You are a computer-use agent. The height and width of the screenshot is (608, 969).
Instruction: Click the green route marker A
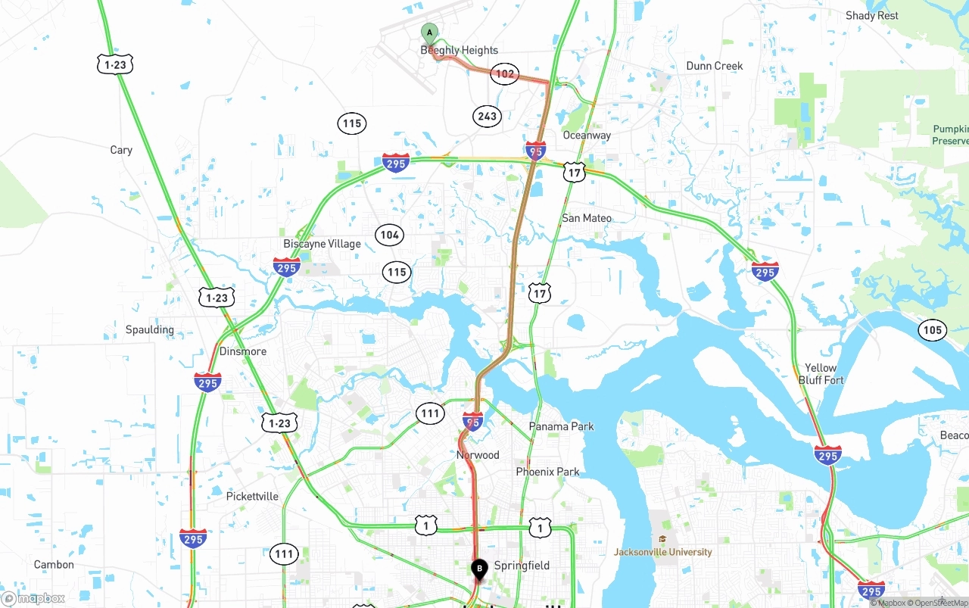point(429,33)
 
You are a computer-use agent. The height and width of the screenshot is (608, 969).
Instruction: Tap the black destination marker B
point(479,568)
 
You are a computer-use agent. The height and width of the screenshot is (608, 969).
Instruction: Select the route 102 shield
point(504,73)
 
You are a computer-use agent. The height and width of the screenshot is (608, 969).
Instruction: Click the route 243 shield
point(487,116)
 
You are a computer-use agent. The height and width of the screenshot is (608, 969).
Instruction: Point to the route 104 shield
point(389,235)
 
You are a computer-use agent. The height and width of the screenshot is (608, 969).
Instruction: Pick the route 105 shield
point(933,329)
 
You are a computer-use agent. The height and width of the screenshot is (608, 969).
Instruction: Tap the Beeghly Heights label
point(459,51)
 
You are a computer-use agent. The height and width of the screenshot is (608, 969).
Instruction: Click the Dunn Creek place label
point(714,66)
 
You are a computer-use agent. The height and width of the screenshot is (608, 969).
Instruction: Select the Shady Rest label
point(871,15)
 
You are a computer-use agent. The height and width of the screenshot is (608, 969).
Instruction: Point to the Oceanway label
point(587,136)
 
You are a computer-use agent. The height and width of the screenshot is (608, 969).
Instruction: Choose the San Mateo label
point(587,218)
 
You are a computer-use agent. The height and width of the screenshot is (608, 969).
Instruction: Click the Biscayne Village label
point(322,244)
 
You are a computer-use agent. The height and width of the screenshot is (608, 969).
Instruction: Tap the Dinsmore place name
point(243,351)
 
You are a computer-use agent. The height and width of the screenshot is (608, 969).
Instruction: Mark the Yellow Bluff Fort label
point(821,374)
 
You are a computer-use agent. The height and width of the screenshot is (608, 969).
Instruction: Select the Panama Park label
point(561,426)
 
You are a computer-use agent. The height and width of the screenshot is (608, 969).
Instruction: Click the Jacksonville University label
point(663,552)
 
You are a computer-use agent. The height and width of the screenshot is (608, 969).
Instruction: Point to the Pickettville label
point(252,497)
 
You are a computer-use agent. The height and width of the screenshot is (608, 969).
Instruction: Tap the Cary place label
point(121,150)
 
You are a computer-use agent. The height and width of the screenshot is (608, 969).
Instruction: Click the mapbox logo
point(33,598)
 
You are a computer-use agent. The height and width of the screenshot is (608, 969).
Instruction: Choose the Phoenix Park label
point(547,472)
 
